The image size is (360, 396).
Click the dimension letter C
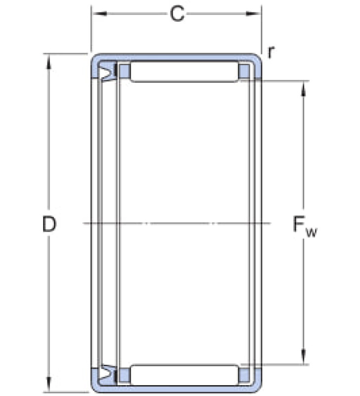click(177, 14)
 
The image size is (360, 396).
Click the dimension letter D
click(49, 224)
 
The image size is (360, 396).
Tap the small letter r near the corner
click(270, 52)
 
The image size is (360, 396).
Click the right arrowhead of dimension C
click(254, 13)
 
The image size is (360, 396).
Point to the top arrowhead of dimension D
click(48, 61)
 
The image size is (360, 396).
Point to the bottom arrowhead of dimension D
click(48, 384)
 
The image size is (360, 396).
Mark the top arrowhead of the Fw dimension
click(304, 89)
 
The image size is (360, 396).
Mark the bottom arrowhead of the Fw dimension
click(304, 357)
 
